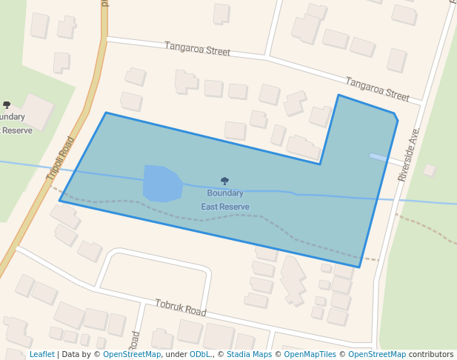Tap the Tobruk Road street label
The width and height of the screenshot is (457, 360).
coord(180,308)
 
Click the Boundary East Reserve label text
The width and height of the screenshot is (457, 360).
coord(225,200)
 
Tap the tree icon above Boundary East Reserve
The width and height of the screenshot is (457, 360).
coord(224,181)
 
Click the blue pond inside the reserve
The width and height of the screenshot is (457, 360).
coord(161,183)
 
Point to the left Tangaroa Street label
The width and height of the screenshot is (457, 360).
coord(197,50)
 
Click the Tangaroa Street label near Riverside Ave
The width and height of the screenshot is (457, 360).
coord(377,89)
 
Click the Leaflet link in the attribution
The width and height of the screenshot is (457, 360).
coord(42,355)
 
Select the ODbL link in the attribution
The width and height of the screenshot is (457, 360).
coord(199,355)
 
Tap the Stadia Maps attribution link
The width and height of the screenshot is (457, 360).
coord(249,355)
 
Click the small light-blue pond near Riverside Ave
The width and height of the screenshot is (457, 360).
coord(378,157)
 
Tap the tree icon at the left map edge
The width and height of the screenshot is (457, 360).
coord(7,105)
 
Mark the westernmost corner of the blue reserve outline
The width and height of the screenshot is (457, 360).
coord(60,200)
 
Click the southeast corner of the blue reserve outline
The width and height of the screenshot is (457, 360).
coord(360,267)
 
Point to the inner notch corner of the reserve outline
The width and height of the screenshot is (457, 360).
coord(320,164)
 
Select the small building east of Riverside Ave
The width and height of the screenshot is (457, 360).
coord(429,170)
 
